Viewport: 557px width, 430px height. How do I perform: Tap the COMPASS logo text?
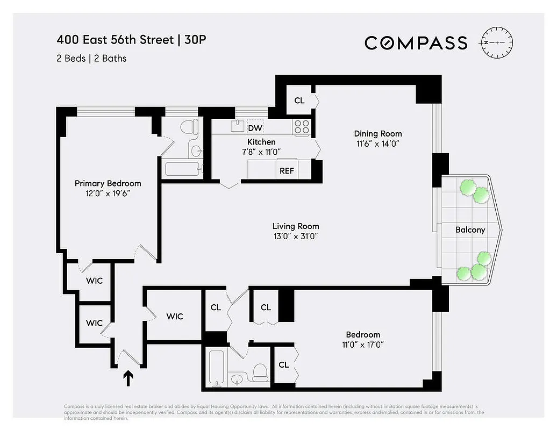(416, 42)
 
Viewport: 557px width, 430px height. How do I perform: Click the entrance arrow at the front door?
(128, 379)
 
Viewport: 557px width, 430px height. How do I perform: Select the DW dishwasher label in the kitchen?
(255, 128)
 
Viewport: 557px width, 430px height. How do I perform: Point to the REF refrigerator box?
(285, 171)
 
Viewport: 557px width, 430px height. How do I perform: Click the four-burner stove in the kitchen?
(302, 127)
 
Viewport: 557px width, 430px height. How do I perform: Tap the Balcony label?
(470, 230)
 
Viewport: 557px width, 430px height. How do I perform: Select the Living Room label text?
(295, 226)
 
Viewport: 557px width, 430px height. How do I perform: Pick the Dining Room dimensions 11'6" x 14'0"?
(377, 144)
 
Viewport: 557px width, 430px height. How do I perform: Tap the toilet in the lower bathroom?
(260, 372)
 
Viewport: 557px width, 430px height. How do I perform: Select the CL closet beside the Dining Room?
(299, 101)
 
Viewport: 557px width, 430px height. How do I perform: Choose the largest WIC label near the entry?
(174, 316)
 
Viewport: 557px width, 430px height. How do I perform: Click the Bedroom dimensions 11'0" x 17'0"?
(363, 345)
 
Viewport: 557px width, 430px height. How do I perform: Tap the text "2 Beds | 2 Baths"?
(91, 58)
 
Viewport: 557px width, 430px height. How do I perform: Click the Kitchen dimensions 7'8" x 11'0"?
(261, 152)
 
